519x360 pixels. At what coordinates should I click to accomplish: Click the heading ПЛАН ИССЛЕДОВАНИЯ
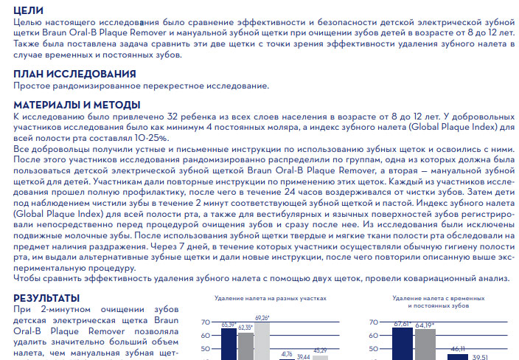point(74,74)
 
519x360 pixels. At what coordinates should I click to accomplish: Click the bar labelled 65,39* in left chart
point(229,344)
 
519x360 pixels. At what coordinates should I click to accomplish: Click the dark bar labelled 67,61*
point(402,343)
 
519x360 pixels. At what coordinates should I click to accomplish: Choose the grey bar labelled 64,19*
point(423,345)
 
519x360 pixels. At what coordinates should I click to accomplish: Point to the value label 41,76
point(287,354)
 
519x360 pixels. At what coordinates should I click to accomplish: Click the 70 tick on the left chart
point(206,322)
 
